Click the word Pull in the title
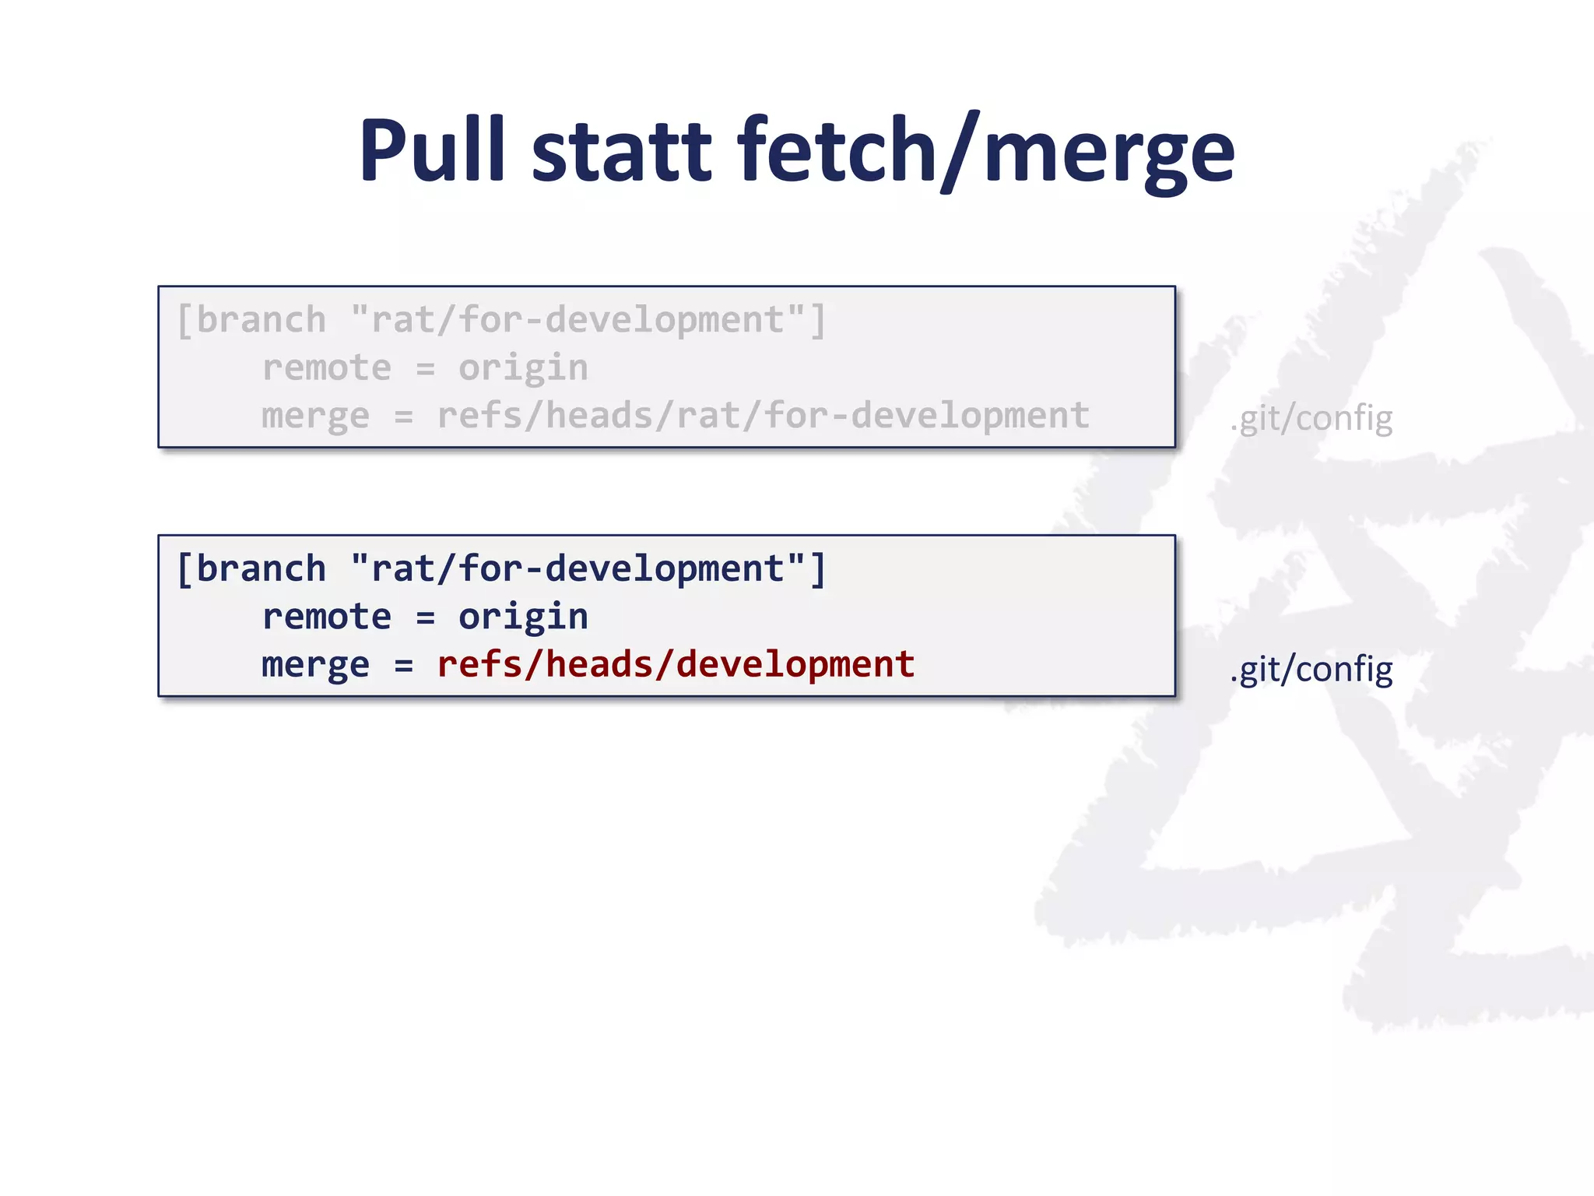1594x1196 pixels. coord(432,149)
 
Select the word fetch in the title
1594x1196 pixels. coord(837,149)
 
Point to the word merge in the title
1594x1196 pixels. coord(1109,153)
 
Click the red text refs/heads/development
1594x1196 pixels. coord(676,664)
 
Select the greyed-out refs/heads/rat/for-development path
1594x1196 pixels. coord(763,415)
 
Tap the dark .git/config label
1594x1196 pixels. coord(1311,669)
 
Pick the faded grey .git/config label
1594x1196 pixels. coord(1311,419)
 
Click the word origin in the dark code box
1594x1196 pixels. coord(523,617)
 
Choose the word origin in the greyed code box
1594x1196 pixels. coord(523,368)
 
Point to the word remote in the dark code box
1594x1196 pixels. coord(326,617)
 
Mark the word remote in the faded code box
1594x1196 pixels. coord(326,368)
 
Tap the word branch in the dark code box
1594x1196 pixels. coord(261,568)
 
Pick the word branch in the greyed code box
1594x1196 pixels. coord(261,320)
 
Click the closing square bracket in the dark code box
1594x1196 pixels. coord(817,569)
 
